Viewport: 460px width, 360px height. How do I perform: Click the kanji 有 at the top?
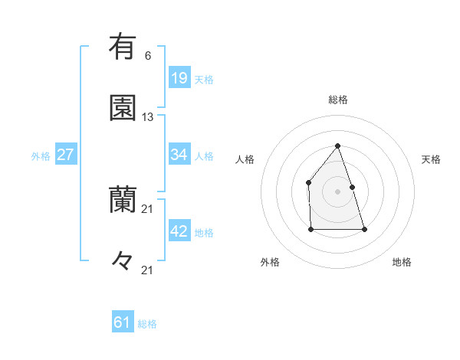(x=123, y=47)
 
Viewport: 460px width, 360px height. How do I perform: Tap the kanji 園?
(x=123, y=108)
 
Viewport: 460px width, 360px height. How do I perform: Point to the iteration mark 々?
(x=123, y=261)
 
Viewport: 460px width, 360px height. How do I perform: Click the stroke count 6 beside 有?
(x=148, y=55)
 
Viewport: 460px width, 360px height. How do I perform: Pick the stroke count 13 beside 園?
(x=148, y=117)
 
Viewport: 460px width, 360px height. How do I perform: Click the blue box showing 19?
(x=179, y=77)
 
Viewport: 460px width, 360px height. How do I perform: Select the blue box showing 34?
(x=179, y=155)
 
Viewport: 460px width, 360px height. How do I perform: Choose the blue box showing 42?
(x=179, y=231)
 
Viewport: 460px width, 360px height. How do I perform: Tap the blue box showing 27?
(x=66, y=155)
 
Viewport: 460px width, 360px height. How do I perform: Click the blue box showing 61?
(x=123, y=323)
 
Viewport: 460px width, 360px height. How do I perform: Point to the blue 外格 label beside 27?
(x=41, y=156)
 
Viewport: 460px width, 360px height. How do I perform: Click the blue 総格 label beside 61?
(x=147, y=325)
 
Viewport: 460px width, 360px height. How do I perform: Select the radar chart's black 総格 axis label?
(x=338, y=100)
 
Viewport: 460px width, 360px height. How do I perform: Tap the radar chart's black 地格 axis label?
(x=402, y=262)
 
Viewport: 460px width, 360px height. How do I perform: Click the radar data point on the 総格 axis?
(x=337, y=146)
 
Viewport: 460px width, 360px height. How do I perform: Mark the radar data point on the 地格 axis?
(x=364, y=229)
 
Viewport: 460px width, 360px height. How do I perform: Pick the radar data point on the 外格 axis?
(x=310, y=229)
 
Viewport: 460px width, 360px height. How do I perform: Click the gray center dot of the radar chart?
(x=337, y=191)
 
